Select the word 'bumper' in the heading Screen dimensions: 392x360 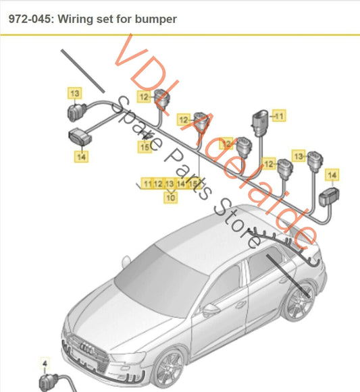(x=157, y=20)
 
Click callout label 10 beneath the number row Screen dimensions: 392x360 (x=170, y=198)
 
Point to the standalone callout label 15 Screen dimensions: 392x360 (x=145, y=146)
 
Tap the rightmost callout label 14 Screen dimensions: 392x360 (x=332, y=175)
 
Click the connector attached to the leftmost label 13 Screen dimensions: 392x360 (x=75, y=112)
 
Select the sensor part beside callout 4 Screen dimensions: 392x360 (x=49, y=382)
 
